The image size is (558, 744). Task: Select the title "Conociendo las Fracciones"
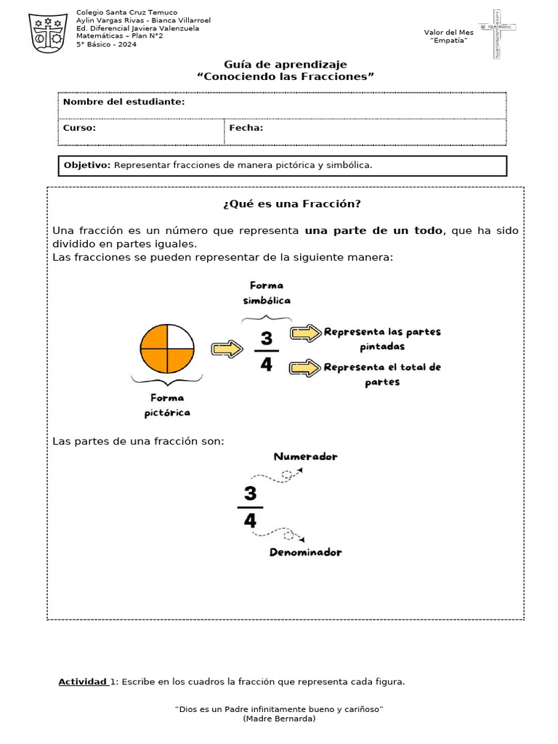point(286,77)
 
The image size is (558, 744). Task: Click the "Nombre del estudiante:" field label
point(124,102)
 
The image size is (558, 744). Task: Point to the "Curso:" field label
point(79,128)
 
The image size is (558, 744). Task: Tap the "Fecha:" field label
point(246,128)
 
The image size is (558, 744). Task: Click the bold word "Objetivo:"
point(87,165)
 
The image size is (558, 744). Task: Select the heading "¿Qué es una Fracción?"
point(286,203)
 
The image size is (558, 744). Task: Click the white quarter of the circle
point(180,337)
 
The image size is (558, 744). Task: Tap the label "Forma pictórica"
point(167,405)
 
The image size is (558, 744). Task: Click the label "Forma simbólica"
point(267,293)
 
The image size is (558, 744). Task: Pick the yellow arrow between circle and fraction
point(227,349)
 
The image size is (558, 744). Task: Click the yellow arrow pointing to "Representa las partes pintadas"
point(305,333)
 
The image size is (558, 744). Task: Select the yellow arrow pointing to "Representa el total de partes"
point(305,368)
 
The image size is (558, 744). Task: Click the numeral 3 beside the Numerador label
point(250,494)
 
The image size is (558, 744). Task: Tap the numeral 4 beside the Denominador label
point(250,520)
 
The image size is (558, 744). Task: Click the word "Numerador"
point(305,457)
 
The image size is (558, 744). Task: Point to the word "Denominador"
point(305,552)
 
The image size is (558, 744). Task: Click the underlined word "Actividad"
point(83,682)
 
